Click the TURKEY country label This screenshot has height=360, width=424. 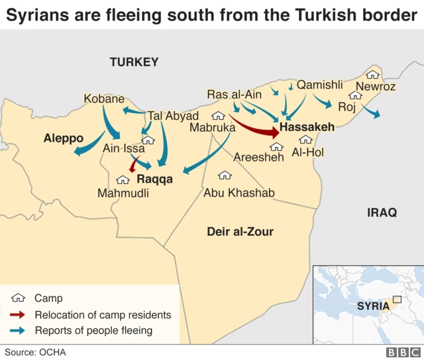[134, 62]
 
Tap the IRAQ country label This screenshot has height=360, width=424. [382, 212]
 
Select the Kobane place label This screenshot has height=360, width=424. [104, 99]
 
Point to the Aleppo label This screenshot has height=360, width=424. [64, 138]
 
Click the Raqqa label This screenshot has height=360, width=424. [154, 179]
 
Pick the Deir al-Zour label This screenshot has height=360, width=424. [239, 232]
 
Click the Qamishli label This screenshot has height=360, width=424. [320, 85]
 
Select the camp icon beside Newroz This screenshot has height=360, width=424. [373, 75]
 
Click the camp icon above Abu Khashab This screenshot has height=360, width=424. [225, 175]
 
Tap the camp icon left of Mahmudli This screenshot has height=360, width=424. [123, 179]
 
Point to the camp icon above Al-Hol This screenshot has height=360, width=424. [305, 140]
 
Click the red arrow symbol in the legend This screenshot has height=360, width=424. [19, 315]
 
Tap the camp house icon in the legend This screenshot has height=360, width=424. [19, 298]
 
